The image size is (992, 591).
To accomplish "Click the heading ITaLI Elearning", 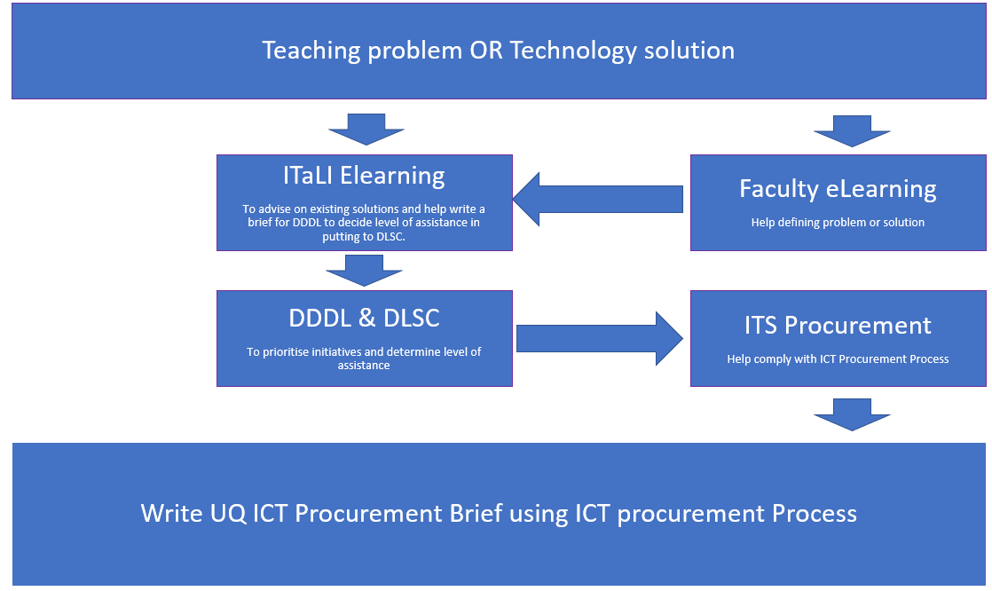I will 364,175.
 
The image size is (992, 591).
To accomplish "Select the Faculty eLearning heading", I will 838,188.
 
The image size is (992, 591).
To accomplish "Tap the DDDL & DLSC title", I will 364,317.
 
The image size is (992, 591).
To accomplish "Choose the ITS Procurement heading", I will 838,325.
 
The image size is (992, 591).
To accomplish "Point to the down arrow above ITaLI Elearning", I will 366,130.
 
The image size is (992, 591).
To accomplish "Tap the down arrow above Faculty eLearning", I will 852,130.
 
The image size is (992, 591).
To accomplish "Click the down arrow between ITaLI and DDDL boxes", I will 365,270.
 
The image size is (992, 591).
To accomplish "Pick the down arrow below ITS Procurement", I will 852,414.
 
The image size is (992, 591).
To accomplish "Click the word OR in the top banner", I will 487,50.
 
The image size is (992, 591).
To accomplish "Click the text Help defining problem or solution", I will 838,222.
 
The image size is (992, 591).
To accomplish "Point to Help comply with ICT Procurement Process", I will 838,359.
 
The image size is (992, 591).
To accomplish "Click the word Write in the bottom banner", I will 170,513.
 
